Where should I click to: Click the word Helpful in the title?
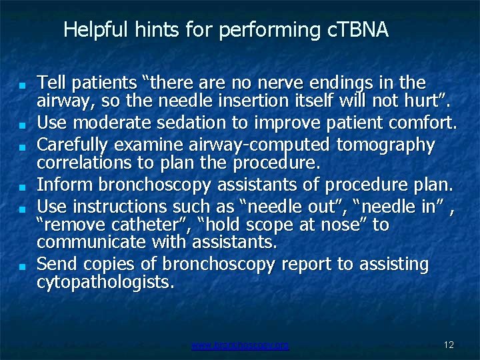click(90, 29)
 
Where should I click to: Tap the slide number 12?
click(448, 345)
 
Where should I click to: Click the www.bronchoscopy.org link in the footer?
click(240, 345)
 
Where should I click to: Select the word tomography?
click(386, 144)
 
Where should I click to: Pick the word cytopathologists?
click(105, 282)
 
